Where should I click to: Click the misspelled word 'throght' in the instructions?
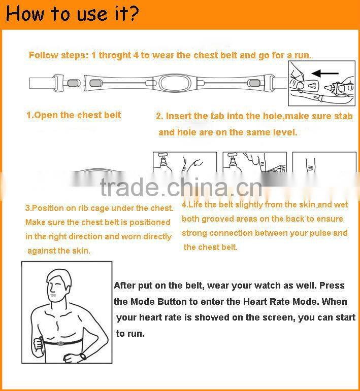115,55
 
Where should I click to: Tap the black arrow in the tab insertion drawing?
325,74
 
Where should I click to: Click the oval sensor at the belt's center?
175,83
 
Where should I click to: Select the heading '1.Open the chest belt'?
74,115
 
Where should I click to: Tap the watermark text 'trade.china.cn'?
181,188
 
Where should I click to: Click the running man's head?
59,285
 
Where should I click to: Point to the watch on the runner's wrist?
82,356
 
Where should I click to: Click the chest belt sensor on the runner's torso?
59,343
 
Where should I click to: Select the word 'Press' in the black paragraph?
332,286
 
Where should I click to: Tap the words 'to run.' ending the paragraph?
130,333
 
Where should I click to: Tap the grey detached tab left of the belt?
73,83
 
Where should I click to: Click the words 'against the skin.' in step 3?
59,251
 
